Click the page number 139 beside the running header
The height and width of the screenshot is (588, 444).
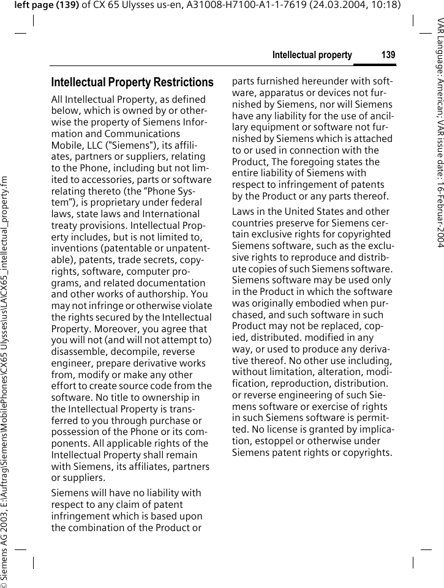click(x=388, y=55)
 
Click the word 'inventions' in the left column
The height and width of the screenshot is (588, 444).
click(x=75, y=248)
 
